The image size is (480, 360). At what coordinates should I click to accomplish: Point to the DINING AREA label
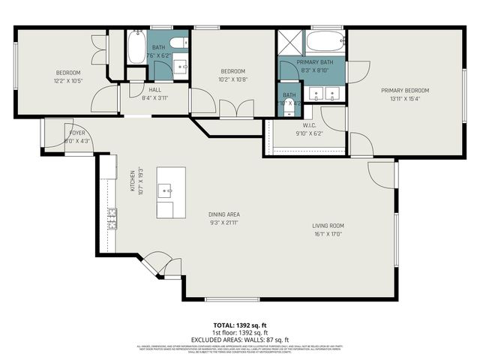pyautogui.click(x=223, y=214)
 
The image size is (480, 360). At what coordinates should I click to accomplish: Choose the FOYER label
pyautogui.click(x=76, y=133)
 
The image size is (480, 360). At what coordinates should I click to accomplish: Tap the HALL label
pyautogui.click(x=155, y=88)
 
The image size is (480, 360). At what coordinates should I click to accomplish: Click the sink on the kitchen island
pyautogui.click(x=168, y=192)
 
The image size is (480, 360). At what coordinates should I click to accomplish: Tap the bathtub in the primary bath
pyautogui.click(x=325, y=40)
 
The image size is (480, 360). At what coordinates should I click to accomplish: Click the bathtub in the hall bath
pyautogui.click(x=136, y=48)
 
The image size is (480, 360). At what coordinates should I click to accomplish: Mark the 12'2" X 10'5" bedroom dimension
pyautogui.click(x=68, y=80)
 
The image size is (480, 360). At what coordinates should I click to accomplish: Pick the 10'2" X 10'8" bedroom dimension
pyautogui.click(x=232, y=79)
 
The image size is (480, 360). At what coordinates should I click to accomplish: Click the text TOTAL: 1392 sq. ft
pyautogui.click(x=238, y=325)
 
